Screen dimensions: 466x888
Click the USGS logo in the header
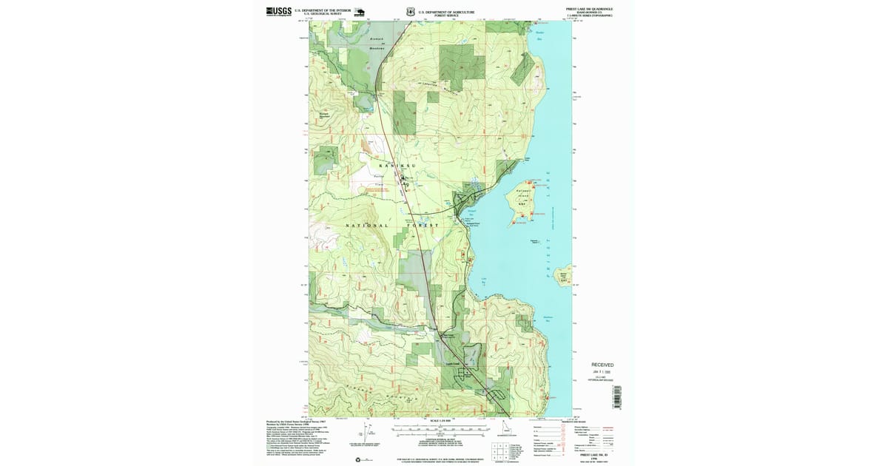click(278, 11)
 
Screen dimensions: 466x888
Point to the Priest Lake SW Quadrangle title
click(589, 9)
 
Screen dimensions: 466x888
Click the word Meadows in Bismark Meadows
click(378, 50)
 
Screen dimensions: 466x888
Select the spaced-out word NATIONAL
click(366, 225)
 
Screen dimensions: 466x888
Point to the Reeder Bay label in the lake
click(539, 33)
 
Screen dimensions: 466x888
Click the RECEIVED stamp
click(602, 365)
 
